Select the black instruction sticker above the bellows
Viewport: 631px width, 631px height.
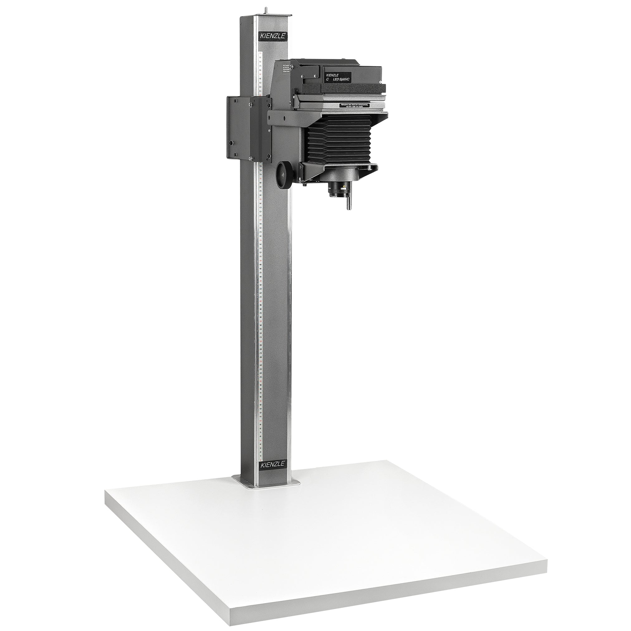tap(355, 105)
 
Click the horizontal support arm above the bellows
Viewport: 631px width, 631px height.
tap(287, 119)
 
